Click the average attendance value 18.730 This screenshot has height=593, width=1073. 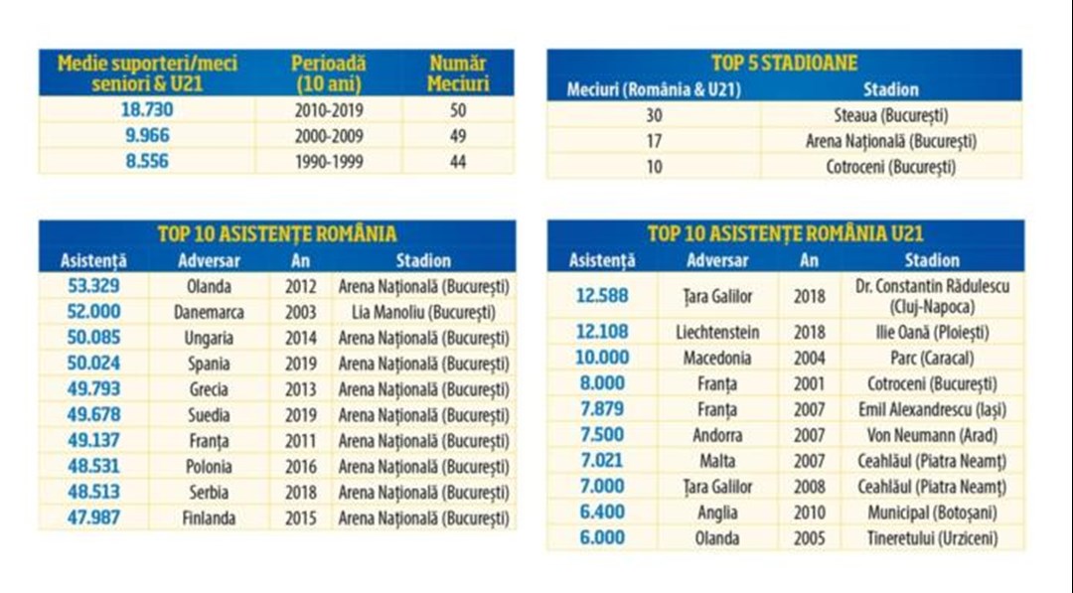point(146,110)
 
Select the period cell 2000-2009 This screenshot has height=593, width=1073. point(328,136)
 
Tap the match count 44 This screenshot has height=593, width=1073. point(457,161)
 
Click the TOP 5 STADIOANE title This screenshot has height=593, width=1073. point(784,63)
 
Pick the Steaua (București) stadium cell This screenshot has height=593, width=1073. point(890,115)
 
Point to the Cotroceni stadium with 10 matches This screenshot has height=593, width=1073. point(890,167)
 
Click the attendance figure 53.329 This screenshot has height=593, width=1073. point(93,286)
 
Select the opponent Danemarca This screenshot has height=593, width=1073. point(209,312)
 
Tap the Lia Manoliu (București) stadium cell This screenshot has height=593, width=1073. point(423,312)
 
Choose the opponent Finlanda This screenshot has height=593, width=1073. point(209,518)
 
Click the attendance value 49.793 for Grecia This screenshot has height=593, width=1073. point(93,389)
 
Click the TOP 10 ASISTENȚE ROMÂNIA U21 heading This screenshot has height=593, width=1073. point(785,234)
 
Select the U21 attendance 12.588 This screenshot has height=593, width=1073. point(601,296)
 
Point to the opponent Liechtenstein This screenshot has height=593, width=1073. point(717,332)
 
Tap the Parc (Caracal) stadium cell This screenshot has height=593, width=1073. point(931,358)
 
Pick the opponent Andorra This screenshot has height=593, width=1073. point(717,435)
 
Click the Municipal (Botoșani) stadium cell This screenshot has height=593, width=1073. point(931,513)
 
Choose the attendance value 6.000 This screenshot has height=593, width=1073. point(601,538)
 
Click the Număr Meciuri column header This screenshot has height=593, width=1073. point(458,74)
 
